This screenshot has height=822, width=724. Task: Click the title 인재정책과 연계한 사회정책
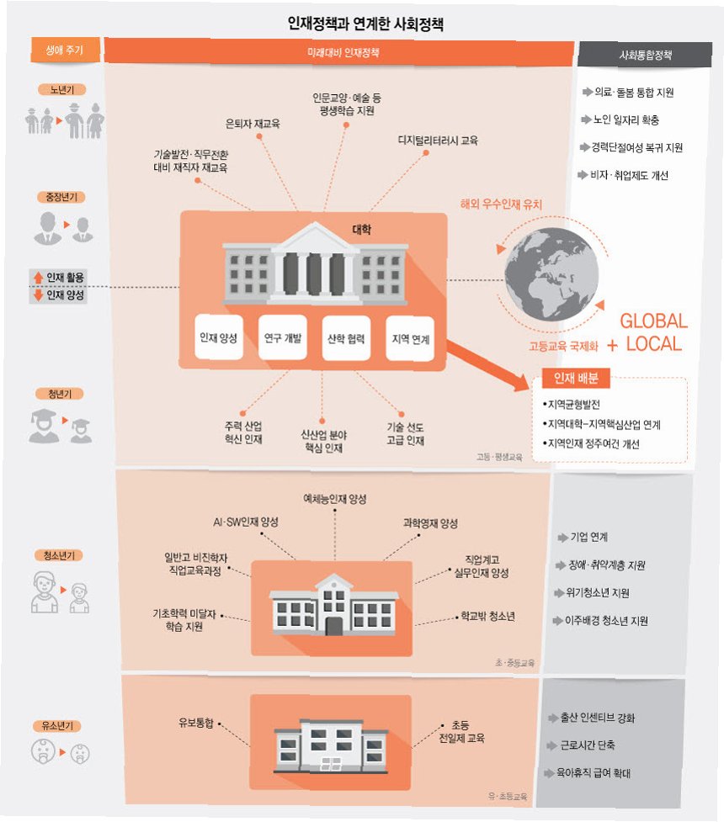pos(365,24)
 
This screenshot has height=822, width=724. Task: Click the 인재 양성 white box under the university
pos(218,338)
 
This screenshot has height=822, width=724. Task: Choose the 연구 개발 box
pos(282,338)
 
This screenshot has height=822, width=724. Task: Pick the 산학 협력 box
pos(346,338)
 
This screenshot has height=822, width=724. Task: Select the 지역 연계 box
pos(410,338)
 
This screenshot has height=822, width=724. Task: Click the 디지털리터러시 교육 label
pos(438,141)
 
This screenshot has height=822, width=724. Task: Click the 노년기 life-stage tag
pos(61,89)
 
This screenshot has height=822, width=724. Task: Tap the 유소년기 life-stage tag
pos(61,724)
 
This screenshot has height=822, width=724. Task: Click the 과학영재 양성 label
pos(429,523)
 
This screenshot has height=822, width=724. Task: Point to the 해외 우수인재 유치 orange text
pos(502,204)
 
